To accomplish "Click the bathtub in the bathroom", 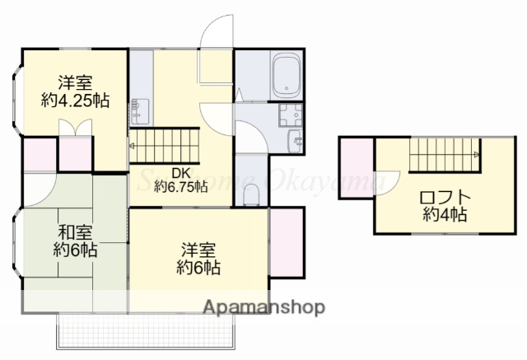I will click(287, 75).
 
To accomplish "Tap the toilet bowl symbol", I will click(251, 194).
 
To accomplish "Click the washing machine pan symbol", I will click(291, 114).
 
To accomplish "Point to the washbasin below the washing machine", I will click(293, 141).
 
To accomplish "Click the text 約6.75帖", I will click(182, 186).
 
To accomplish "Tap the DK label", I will click(181, 172).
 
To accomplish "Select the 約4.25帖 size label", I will click(75, 101).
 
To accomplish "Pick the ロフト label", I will click(445, 198).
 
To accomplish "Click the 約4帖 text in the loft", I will click(445, 215).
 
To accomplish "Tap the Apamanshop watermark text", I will click(264, 308).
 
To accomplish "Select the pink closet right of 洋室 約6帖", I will click(287, 242).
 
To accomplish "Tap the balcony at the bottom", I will click(148, 330).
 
